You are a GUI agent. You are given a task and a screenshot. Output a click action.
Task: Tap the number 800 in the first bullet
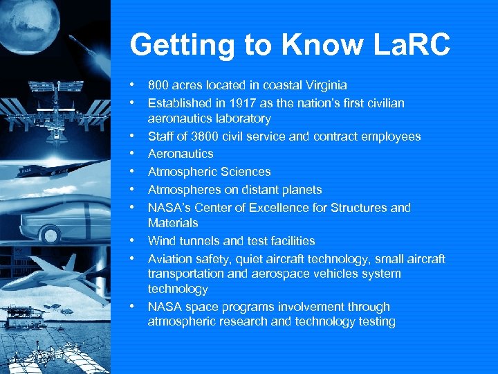(x=158, y=85)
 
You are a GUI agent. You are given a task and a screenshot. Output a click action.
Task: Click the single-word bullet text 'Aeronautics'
(x=181, y=154)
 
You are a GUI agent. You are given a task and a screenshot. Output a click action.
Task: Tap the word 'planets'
(x=302, y=190)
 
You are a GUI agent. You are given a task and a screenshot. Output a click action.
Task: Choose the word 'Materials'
(x=173, y=223)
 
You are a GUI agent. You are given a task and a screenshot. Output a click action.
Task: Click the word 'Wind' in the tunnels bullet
(x=160, y=241)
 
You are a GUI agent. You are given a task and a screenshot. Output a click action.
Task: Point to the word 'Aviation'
(x=169, y=259)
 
